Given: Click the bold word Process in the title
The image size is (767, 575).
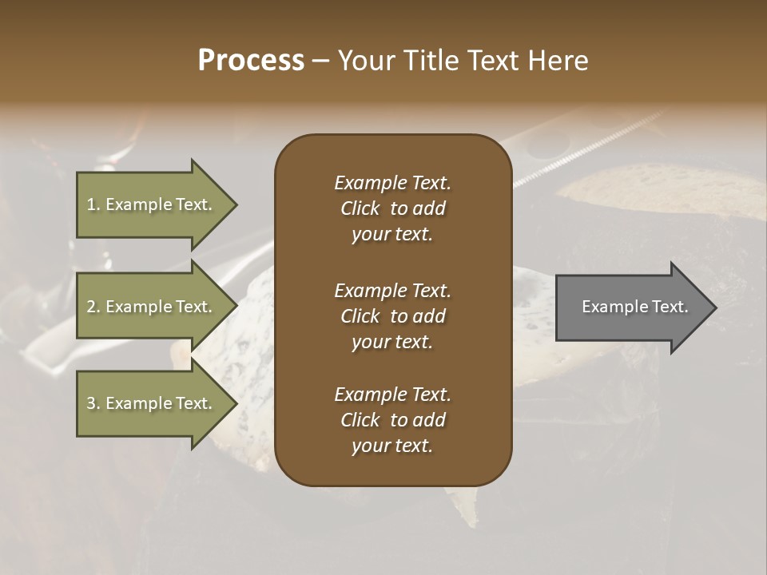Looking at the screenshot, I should pyautogui.click(x=251, y=61).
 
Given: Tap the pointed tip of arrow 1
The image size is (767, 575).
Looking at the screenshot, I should pyautogui.click(x=236, y=205).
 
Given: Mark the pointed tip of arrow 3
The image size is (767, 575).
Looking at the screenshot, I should pyautogui.click(x=236, y=403).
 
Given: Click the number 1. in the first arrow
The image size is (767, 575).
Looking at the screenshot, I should pyautogui.click(x=93, y=205).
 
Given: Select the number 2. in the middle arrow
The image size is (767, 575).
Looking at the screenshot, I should pyautogui.click(x=93, y=307).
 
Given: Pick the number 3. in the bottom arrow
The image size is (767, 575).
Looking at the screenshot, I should pyautogui.click(x=93, y=403).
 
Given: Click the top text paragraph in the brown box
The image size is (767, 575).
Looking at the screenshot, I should pyautogui.click(x=392, y=208).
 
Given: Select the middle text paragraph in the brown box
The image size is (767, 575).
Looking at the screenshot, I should pyautogui.click(x=392, y=315).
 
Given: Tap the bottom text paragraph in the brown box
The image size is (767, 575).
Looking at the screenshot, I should pyautogui.click(x=392, y=420).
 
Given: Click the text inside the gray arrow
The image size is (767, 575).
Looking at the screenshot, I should pyautogui.click(x=634, y=307).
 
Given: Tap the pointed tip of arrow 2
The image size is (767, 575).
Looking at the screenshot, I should pyautogui.click(x=236, y=307).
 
